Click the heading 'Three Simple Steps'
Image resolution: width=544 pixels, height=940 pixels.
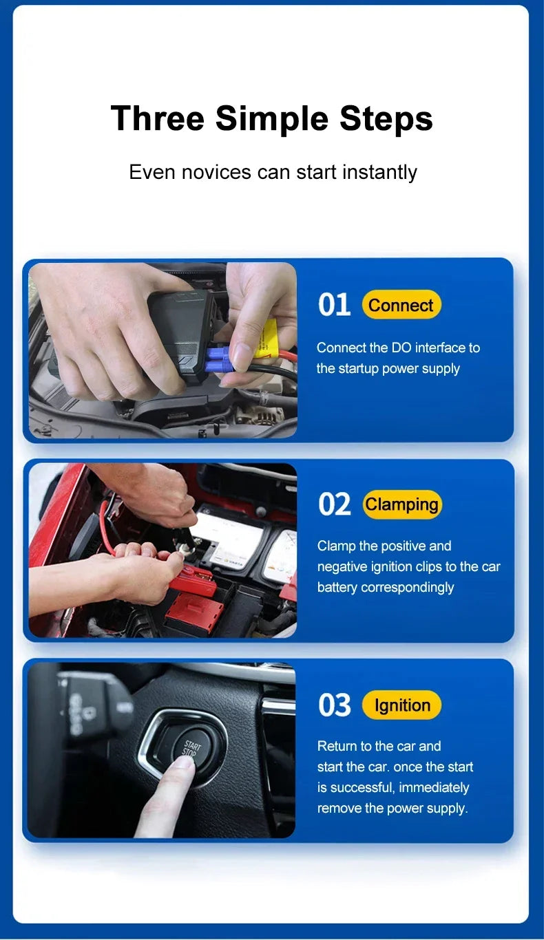point(271,118)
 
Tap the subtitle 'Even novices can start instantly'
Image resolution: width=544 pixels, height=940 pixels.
point(273,171)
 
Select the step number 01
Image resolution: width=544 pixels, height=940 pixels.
point(334,305)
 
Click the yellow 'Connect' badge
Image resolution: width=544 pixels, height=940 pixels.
point(401,305)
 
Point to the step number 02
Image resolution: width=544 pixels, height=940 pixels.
point(335,504)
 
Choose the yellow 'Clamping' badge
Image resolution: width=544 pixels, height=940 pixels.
point(401,504)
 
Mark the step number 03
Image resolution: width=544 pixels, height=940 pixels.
point(335,705)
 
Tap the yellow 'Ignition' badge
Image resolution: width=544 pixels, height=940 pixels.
point(401,705)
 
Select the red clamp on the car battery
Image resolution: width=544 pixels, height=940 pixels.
point(191,582)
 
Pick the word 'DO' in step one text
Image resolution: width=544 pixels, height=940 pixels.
point(401,348)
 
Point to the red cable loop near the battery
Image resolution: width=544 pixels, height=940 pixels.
point(107,526)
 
